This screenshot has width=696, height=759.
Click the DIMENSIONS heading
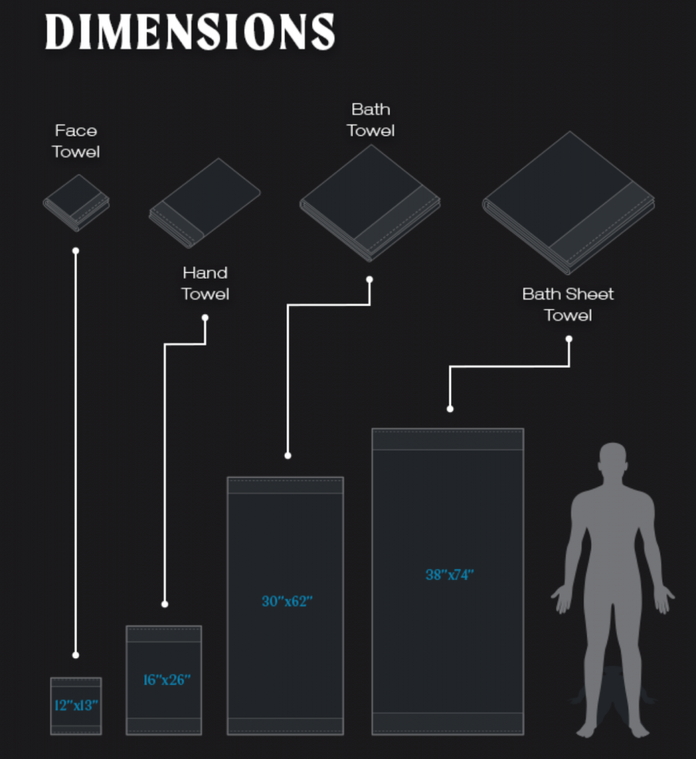tap(190, 31)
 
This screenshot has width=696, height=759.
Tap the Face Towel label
tap(76, 141)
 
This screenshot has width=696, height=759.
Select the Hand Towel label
tap(205, 283)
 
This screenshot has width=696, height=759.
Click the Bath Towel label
tap(370, 119)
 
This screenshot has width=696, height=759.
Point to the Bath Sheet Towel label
tap(568, 305)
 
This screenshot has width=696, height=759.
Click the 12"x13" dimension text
tap(76, 706)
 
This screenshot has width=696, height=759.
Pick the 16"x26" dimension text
tap(167, 680)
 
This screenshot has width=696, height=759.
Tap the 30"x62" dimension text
tap(287, 601)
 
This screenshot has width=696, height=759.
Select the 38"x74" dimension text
tap(449, 574)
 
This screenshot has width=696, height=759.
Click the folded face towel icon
tap(76, 203)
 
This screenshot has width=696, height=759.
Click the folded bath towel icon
tap(370, 203)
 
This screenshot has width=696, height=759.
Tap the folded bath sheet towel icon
tap(569, 203)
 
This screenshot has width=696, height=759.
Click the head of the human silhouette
tap(613, 458)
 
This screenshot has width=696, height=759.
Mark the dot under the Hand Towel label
tap(205, 318)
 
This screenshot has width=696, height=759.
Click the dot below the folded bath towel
tap(369, 279)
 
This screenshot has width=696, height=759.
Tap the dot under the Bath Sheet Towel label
tap(569, 339)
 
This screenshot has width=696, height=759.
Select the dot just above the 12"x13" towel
tap(76, 655)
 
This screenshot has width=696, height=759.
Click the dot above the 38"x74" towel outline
tap(450, 409)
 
